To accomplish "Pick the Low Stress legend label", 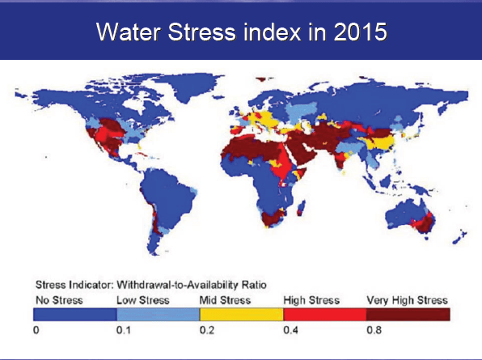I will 144,299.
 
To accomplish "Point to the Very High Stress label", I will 407,299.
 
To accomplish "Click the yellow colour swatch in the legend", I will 241,314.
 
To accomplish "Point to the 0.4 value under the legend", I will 287,331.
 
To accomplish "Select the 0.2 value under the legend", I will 205,331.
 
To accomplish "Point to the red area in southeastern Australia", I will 421,222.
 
